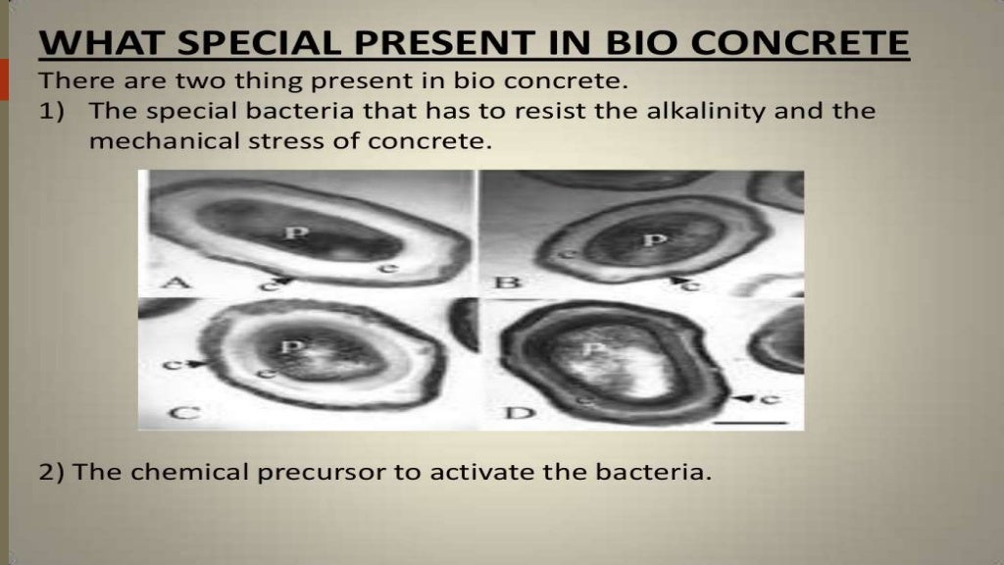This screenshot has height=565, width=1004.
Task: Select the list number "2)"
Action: pyautogui.click(x=53, y=472)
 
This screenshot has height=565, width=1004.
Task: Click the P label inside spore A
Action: pyautogui.click(x=290, y=233)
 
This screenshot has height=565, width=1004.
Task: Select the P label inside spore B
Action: pyautogui.click(x=646, y=240)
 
